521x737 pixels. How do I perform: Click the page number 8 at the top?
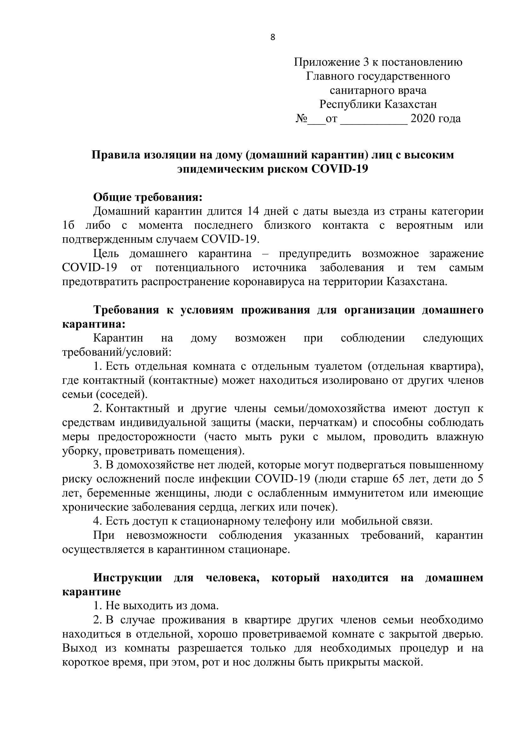273,37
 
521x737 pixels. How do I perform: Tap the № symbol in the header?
301,118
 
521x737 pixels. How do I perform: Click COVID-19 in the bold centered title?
340,169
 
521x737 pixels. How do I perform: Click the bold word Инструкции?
127,578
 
